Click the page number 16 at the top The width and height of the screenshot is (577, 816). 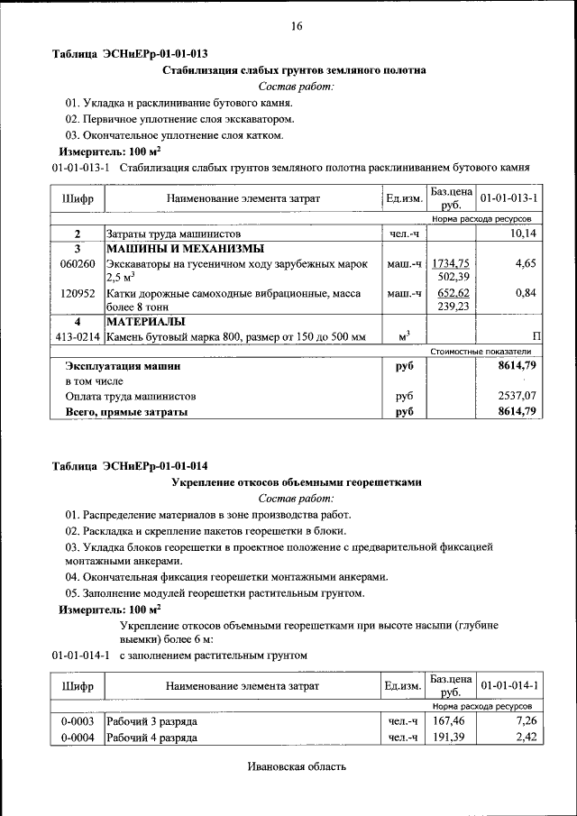point(296,25)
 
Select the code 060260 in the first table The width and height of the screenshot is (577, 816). point(78,263)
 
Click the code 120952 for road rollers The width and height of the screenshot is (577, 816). point(78,293)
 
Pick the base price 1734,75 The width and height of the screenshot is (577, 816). point(452,262)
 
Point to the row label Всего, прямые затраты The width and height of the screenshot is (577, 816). point(126,411)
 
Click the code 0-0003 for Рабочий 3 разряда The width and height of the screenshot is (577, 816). point(78,722)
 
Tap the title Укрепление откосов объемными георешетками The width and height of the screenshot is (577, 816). point(297,482)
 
